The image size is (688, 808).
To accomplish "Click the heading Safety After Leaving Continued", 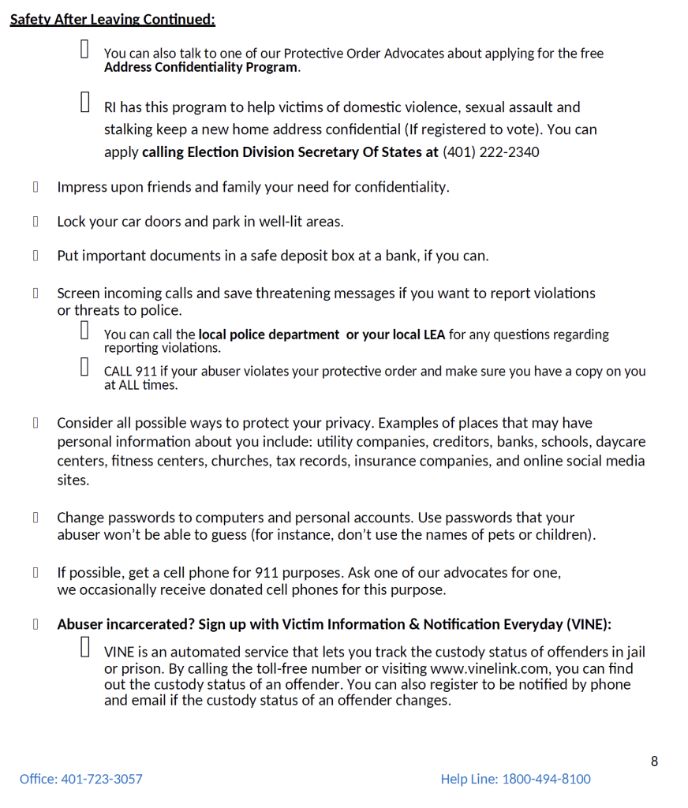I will [112, 19].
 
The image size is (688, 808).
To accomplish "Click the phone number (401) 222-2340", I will [491, 151].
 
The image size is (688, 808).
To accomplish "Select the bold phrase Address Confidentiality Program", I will [201, 67].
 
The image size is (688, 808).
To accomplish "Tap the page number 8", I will [654, 761].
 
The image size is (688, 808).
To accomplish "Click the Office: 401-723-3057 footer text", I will [81, 779].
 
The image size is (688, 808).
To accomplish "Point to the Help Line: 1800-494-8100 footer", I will [515, 779].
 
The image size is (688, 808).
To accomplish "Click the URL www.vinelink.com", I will [489, 668].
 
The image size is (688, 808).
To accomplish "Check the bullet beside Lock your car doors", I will [36, 222].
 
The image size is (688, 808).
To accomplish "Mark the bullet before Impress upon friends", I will [36, 187].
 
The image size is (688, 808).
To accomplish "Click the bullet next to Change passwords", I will [36, 518].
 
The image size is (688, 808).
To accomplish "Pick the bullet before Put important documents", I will [36, 256].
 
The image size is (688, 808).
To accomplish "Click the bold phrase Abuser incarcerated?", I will [125, 624].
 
